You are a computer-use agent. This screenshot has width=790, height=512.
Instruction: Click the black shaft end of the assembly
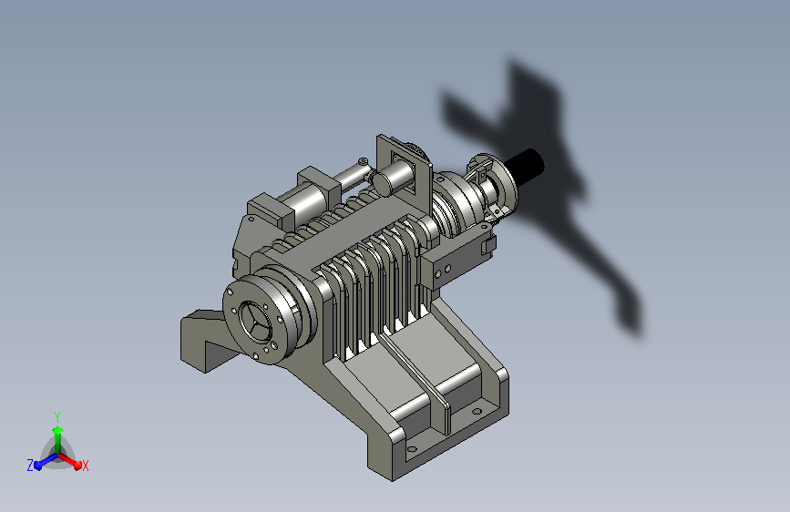point(525,163)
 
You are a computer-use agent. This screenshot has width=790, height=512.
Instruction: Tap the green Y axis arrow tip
point(57,430)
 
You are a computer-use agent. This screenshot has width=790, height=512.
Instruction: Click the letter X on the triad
point(85,466)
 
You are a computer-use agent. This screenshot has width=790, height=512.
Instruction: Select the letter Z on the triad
point(30,466)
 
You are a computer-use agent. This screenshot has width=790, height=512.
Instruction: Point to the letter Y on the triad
point(57,416)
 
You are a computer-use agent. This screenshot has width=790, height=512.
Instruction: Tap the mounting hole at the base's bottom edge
point(412,448)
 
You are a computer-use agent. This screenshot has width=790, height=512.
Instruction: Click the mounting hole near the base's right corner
point(477,411)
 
